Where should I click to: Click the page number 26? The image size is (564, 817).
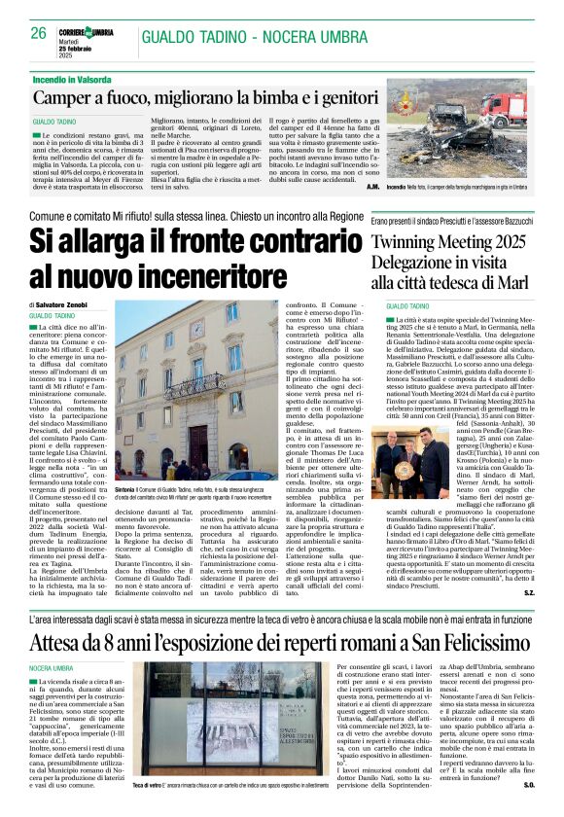(38, 33)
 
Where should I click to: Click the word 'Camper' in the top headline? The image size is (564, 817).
(66, 98)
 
